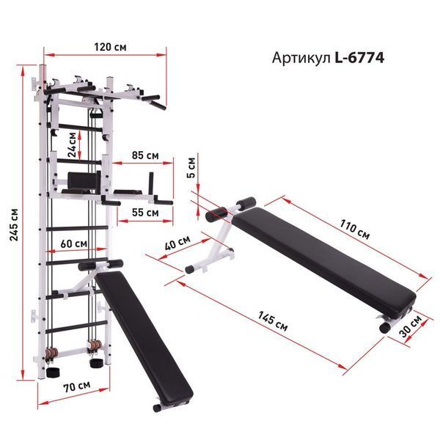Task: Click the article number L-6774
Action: [x=359, y=58]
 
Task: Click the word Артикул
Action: [x=301, y=59]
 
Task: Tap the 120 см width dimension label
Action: [x=110, y=47]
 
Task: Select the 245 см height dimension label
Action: [x=14, y=224]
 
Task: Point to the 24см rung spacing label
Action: [x=72, y=144]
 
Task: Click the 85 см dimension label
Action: [x=145, y=155]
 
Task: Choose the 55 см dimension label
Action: [x=145, y=213]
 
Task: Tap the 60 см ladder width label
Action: [x=73, y=243]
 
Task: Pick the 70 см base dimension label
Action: [x=76, y=386]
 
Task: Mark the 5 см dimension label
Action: [x=191, y=167]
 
